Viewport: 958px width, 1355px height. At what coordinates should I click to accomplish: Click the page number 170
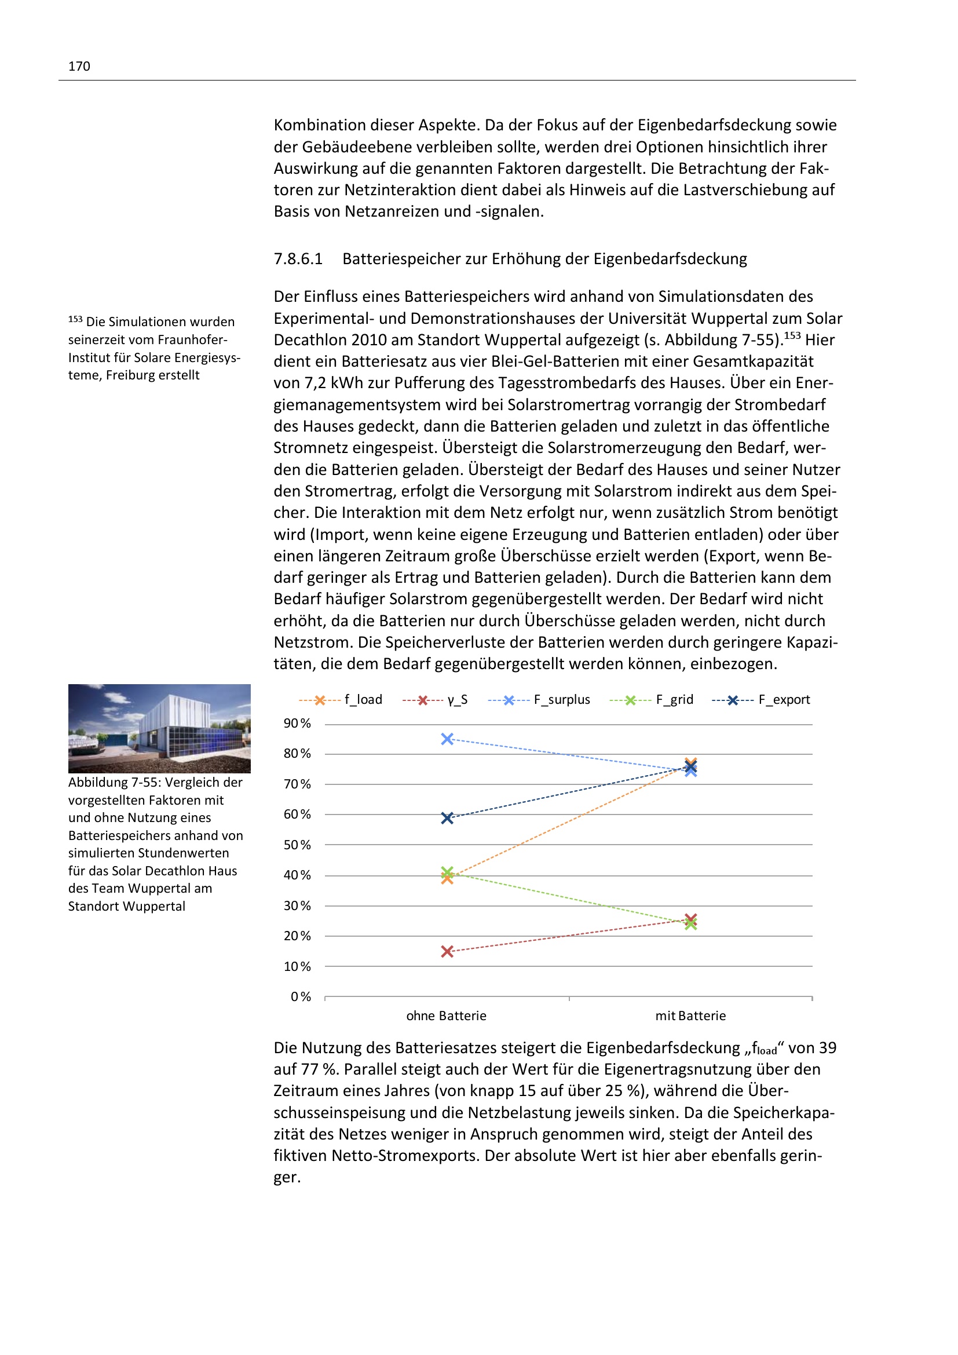79,66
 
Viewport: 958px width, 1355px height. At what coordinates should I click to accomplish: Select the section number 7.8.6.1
298,259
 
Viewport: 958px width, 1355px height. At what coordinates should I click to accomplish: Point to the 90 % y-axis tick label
297,724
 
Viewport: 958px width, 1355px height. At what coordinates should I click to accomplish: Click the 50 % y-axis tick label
297,845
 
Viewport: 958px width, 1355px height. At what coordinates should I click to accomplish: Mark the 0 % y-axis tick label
300,997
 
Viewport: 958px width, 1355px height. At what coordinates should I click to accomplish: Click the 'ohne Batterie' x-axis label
446,1016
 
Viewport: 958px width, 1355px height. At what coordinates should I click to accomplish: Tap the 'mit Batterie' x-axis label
690,1016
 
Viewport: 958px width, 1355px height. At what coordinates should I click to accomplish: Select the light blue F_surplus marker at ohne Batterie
447,739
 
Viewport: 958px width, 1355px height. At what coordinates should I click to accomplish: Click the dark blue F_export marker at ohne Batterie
447,818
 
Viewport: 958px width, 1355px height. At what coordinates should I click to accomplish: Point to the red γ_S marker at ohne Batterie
447,951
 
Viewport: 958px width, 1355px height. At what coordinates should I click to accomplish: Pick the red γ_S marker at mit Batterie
691,919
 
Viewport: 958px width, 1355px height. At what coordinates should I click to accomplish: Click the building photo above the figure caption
159,728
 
